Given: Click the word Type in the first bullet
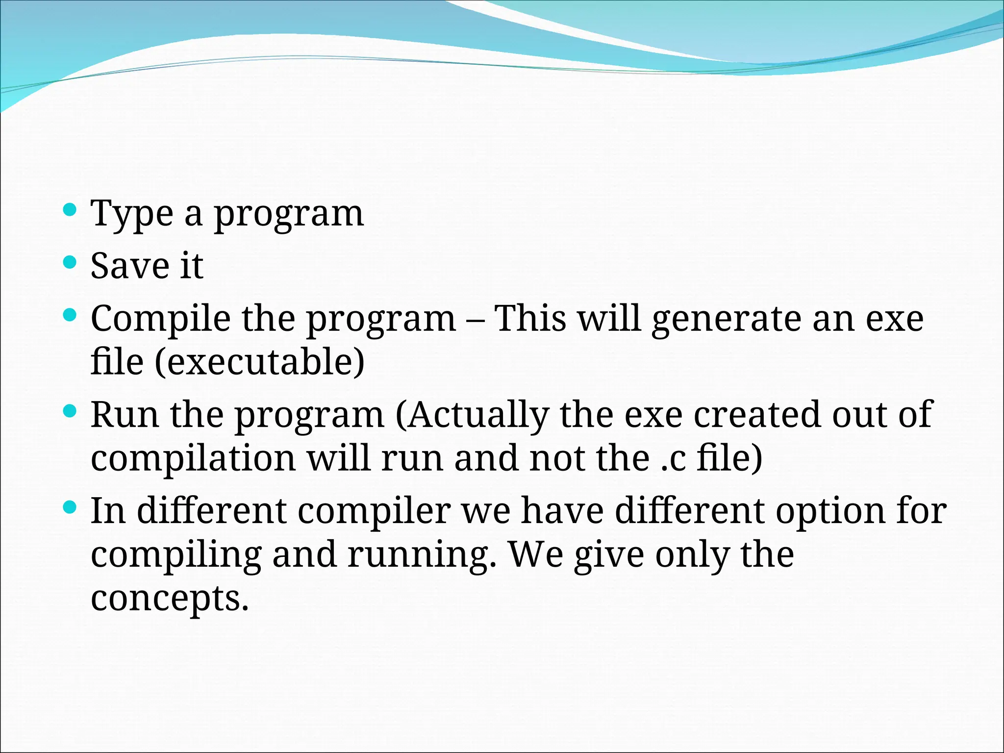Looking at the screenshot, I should [x=132, y=214].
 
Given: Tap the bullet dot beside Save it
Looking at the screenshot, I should [x=70, y=262].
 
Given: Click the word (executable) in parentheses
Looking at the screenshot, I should [x=260, y=363].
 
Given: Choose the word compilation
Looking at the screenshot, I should [x=193, y=459].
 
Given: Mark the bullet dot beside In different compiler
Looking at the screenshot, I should [x=70, y=507].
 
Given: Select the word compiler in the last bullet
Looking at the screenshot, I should [x=374, y=511].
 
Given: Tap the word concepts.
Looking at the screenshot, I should [x=169, y=599].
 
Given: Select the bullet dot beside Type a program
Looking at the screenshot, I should [x=70, y=210].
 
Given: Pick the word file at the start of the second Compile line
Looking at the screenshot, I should [x=117, y=362].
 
